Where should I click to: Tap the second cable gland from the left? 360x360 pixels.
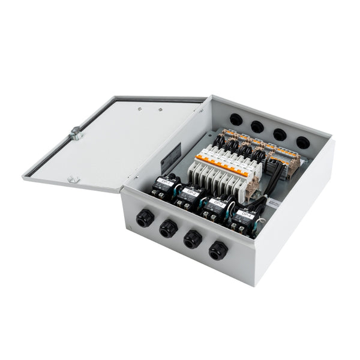click(167, 229)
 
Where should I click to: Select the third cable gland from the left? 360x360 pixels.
click(192, 239)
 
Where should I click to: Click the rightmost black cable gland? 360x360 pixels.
click(217, 250)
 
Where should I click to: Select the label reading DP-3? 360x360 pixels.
click(218, 203)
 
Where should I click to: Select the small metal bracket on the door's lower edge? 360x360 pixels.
click(72, 179)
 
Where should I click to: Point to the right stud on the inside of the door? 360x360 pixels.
click(161, 110)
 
